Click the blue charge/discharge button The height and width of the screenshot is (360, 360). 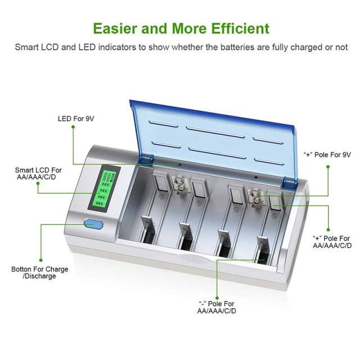(x=93, y=224)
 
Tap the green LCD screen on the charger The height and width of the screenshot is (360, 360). (x=105, y=189)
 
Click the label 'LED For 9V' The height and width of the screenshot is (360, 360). (x=76, y=119)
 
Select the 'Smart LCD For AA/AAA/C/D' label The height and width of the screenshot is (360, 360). (x=38, y=174)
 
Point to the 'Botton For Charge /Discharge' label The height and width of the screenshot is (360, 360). (x=40, y=272)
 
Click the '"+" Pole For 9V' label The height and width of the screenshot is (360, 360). (x=327, y=155)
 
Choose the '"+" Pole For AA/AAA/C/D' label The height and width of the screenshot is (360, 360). (x=332, y=242)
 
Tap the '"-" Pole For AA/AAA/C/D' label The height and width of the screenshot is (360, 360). (x=217, y=307)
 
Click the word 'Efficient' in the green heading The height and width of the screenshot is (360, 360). (x=240, y=29)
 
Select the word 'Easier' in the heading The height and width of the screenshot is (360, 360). (x=115, y=29)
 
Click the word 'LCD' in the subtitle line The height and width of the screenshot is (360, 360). (x=49, y=47)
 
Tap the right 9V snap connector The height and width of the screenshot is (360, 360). (x=255, y=197)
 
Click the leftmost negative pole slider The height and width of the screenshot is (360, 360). (x=147, y=229)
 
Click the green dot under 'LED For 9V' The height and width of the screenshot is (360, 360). (x=73, y=127)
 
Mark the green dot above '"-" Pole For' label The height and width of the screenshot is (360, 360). (x=217, y=298)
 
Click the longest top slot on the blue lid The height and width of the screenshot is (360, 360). (x=215, y=132)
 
